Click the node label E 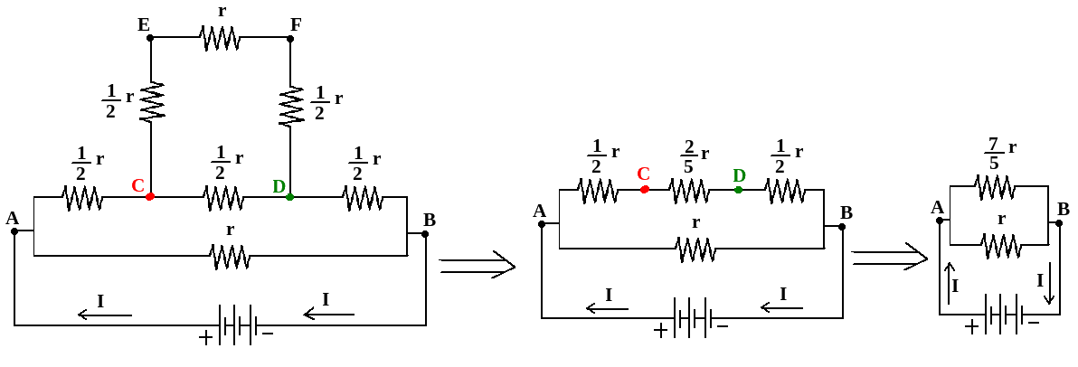(143, 24)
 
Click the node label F (296, 24)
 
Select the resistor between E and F (220, 38)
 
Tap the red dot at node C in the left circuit (150, 196)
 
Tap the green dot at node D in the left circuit (289, 196)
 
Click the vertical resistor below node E (151, 101)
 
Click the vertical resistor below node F (290, 106)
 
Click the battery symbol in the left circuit (238, 324)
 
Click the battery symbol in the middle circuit (692, 317)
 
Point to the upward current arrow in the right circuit (949, 283)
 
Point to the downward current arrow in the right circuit (1048, 283)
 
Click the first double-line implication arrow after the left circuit (477, 266)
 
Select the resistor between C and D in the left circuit (222, 196)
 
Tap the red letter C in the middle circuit (643, 174)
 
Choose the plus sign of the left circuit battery (206, 338)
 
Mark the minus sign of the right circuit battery (1033, 322)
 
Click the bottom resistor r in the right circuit (1000, 244)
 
